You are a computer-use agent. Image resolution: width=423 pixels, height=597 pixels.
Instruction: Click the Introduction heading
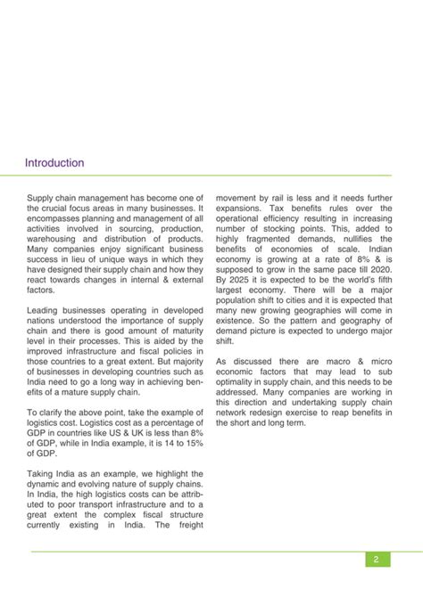(54, 163)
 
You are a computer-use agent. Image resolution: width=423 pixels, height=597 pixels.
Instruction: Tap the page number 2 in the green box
(377, 560)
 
